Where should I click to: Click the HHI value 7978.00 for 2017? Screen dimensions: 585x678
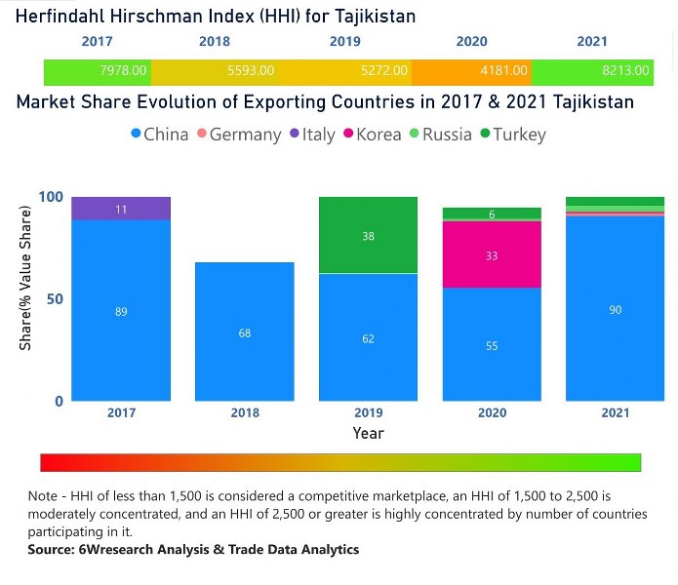point(123,71)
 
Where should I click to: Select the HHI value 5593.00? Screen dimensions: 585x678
point(251,71)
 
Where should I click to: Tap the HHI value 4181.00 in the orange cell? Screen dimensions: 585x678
point(504,71)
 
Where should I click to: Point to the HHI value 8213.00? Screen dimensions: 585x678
point(625,71)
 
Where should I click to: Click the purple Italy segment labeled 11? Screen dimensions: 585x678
point(121,209)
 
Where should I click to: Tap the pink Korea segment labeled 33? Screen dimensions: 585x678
point(492,255)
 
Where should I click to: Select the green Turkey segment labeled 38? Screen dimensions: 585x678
point(368,236)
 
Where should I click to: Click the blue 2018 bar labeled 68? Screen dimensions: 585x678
point(245,332)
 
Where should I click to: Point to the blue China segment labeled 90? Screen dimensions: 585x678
point(615,310)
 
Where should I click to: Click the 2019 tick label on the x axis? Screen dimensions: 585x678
point(368,412)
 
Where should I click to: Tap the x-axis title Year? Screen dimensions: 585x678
point(368,433)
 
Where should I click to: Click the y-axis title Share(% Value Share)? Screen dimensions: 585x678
point(25,298)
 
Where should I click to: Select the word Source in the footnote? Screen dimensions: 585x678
point(53,550)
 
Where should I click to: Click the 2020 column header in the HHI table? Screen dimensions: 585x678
point(471,42)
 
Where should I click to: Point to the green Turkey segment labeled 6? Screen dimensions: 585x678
point(492,214)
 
